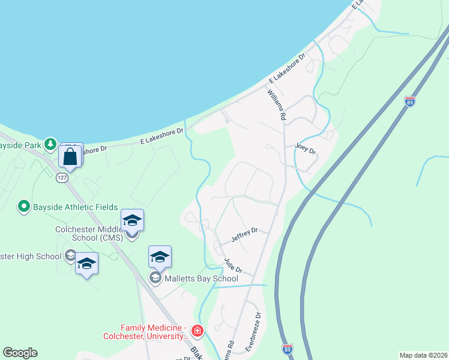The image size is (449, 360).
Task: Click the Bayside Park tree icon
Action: pyautogui.click(x=50, y=144)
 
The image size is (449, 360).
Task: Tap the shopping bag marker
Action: pyautogui.click(x=70, y=157)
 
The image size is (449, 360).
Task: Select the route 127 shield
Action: pyautogui.click(x=62, y=178)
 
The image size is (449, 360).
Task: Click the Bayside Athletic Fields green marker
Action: pyautogui.click(x=25, y=207)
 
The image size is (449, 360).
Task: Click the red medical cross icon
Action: pyautogui.click(x=197, y=331)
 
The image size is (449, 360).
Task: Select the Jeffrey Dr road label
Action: pyautogui.click(x=244, y=235)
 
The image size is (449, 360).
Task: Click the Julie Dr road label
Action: pyautogui.click(x=232, y=265)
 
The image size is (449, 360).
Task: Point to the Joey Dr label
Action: pyautogui.click(x=305, y=149)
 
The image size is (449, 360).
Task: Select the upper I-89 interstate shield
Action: pyautogui.click(x=410, y=102)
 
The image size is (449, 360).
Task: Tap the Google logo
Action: pyautogui.click(x=20, y=353)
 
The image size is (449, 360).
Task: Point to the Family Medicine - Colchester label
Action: pyautogui.click(x=155, y=332)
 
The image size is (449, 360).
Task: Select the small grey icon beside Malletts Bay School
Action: pyautogui.click(x=155, y=278)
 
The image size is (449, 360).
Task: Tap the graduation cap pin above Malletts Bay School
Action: pyautogui.click(x=160, y=257)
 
